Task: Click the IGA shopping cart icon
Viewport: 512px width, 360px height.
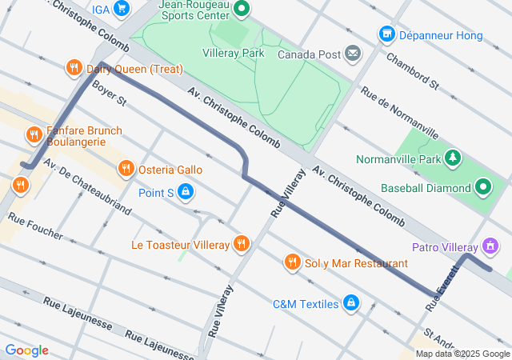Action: pyautogui.click(x=122, y=9)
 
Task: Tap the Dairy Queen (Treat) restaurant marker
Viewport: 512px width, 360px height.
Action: pyautogui.click(x=74, y=69)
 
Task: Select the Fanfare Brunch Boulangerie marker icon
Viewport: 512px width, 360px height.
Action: pyautogui.click(x=34, y=135)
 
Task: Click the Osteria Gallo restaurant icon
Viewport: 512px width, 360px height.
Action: pyautogui.click(x=126, y=169)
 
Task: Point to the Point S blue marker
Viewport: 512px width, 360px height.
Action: pyautogui.click(x=186, y=192)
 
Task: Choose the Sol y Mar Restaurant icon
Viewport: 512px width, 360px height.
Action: pyautogui.click(x=293, y=262)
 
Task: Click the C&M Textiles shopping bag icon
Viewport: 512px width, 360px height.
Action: pyautogui.click(x=350, y=303)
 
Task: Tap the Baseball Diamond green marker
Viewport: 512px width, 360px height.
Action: pyautogui.click(x=483, y=188)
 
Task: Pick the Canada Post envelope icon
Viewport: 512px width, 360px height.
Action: pyautogui.click(x=353, y=54)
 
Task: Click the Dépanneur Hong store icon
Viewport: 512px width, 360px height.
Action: pyautogui.click(x=387, y=35)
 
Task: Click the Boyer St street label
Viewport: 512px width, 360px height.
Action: pyautogui.click(x=110, y=93)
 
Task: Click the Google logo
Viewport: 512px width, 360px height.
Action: pyautogui.click(x=26, y=350)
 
